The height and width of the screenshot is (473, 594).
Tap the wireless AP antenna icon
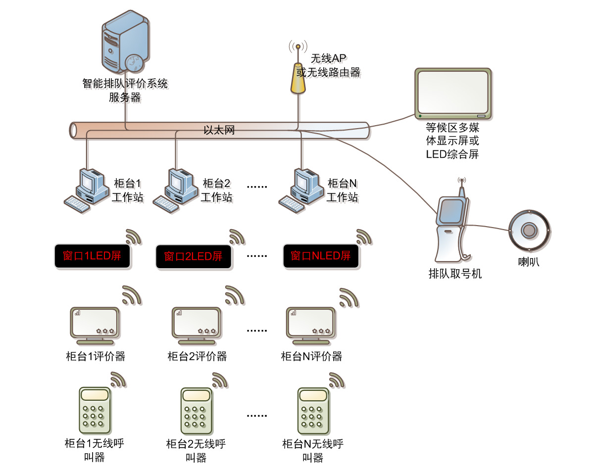pyautogui.click(x=298, y=74)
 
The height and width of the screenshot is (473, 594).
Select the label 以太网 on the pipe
pyautogui.click(x=219, y=131)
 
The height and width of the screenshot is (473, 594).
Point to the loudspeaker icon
pyautogui.click(x=529, y=230)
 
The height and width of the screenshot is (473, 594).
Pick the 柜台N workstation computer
pyautogui.click(x=300, y=190)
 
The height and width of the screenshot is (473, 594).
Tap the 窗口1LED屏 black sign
pyautogui.click(x=92, y=256)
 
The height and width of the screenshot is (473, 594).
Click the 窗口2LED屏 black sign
pyautogui.click(x=194, y=257)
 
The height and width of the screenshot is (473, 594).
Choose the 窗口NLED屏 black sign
pyautogui.click(x=321, y=256)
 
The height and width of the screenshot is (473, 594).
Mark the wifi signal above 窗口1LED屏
pyautogui.click(x=133, y=237)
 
